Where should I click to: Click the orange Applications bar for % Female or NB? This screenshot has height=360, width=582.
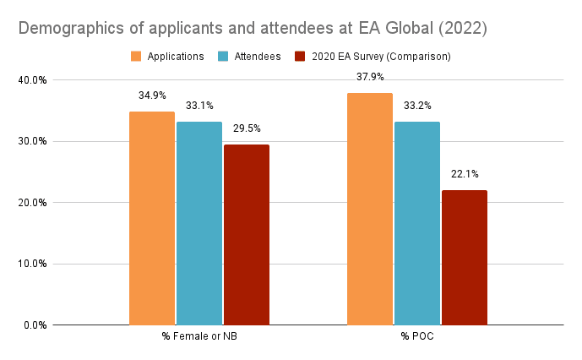[152, 218]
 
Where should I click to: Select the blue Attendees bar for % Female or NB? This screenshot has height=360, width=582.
[199, 223]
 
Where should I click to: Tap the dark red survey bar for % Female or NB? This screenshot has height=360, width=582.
[247, 234]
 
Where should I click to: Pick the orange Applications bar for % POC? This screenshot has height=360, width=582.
[370, 209]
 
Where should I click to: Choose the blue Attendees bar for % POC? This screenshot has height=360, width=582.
[417, 223]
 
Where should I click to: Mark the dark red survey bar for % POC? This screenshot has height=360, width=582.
[465, 257]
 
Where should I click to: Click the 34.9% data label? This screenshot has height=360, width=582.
[152, 95]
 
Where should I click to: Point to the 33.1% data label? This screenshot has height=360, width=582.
[199, 106]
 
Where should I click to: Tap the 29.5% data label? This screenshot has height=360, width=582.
[247, 128]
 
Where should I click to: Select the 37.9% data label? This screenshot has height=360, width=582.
[370, 77]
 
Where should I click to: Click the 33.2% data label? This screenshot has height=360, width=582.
[417, 106]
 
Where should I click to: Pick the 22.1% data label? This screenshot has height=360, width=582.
[465, 174]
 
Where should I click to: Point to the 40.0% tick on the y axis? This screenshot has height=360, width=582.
[33, 80]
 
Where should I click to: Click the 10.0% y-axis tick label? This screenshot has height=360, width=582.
[33, 264]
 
